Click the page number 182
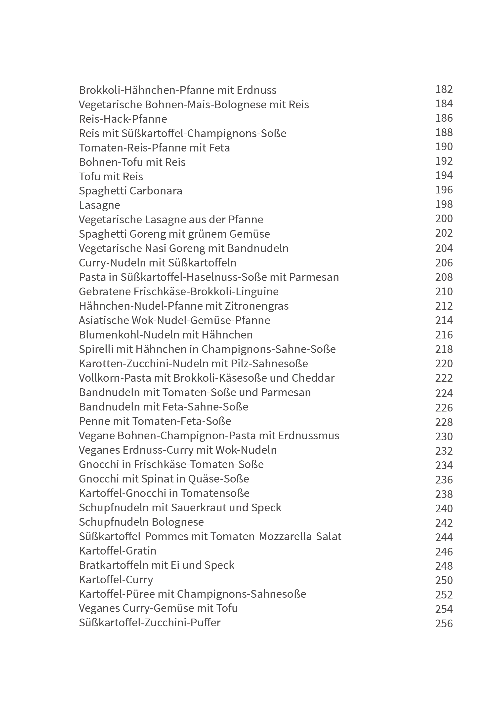coord(444,89)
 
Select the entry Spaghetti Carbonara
coord(130,191)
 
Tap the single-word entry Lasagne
coord(99,205)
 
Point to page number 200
coord(444,219)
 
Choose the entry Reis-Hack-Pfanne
coord(123,119)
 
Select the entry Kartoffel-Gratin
coord(117,551)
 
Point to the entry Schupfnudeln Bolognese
coord(141,522)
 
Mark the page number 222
coord(444,378)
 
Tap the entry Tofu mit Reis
coord(111,177)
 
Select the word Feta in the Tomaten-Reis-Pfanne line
coord(219,148)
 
